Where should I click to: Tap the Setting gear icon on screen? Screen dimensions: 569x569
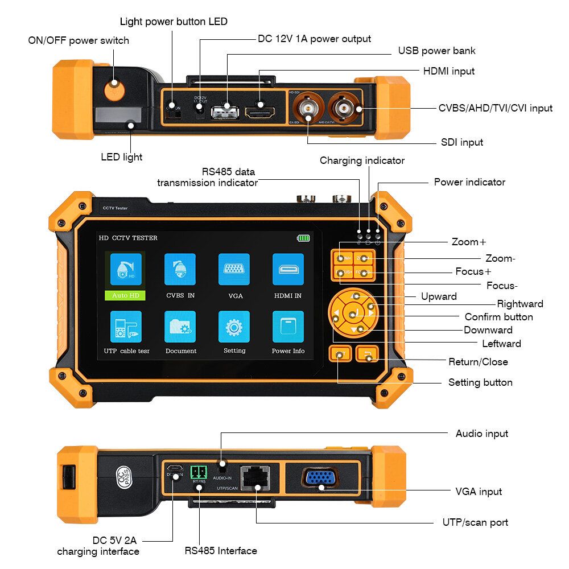click(234, 327)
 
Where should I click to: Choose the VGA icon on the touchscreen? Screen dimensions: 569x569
click(234, 269)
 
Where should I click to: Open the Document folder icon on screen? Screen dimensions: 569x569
click(180, 327)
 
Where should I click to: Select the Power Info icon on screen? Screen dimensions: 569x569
click(288, 327)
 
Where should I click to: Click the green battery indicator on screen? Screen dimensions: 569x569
click(303, 238)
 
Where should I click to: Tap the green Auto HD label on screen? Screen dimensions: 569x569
click(125, 295)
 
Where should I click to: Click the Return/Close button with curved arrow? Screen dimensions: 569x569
click(367, 355)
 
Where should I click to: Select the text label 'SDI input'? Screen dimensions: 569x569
click(462, 142)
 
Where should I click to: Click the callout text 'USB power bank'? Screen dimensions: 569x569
click(436, 51)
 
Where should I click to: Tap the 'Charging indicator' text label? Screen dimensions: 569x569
click(362, 160)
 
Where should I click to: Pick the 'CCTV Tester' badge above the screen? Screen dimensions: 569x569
click(115, 208)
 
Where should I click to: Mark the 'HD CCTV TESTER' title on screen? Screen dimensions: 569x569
click(128, 238)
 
